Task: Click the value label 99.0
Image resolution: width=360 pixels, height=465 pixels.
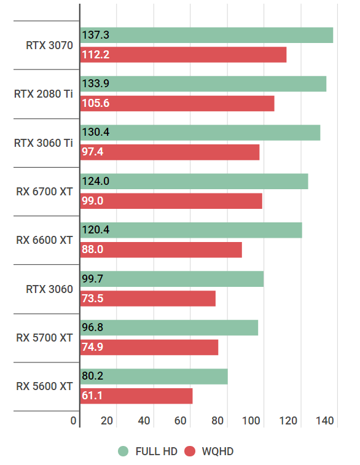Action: pyautogui.click(x=93, y=201)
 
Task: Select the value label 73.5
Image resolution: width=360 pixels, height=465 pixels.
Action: pyautogui.click(x=92, y=299)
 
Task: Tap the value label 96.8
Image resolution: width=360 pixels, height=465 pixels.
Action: pyautogui.click(x=92, y=327)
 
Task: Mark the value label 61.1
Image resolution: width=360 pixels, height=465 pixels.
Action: pyautogui.click(x=92, y=396)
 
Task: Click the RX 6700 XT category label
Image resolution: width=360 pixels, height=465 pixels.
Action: pyautogui.click(x=44, y=192)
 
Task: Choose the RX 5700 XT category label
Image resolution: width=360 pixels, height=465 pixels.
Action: pyautogui.click(x=44, y=338)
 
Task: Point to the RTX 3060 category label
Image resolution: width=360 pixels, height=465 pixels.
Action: pyautogui.click(x=49, y=289)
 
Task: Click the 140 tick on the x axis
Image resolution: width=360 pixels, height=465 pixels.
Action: pyautogui.click(x=325, y=421)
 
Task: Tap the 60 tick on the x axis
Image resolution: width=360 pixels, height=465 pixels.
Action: pyautogui.click(x=181, y=421)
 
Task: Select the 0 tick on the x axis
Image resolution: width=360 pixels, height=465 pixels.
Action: pyautogui.click(x=74, y=421)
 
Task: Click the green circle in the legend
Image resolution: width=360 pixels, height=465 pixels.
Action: pyautogui.click(x=123, y=451)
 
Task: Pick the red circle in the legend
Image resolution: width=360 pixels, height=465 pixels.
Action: pyautogui.click(x=189, y=451)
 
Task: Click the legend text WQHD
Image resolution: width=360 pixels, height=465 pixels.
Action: pyautogui.click(x=217, y=451)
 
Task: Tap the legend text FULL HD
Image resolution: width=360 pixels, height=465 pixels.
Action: pyautogui.click(x=156, y=451)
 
